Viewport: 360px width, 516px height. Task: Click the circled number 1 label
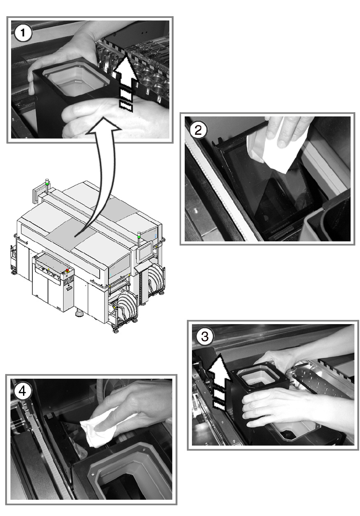[23, 33]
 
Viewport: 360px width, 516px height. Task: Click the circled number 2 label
[198, 130]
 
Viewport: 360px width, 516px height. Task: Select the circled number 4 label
[22, 391]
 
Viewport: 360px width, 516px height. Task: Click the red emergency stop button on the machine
[67, 270]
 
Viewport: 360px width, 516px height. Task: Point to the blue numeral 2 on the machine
[155, 236]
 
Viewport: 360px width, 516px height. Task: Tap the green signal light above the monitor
[139, 236]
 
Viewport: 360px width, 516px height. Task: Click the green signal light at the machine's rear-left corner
[47, 184]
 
